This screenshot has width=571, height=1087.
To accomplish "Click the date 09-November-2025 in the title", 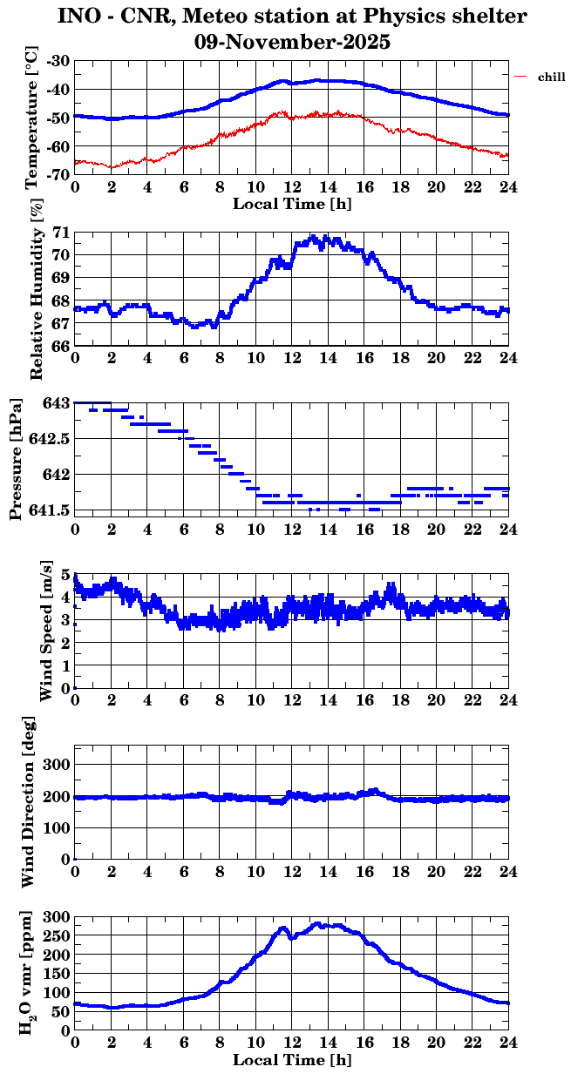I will pyautogui.click(x=293, y=42).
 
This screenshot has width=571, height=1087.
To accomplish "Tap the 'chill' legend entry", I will pyautogui.click(x=552, y=78).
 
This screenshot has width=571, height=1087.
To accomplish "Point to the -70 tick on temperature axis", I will pyautogui.click(x=59, y=175).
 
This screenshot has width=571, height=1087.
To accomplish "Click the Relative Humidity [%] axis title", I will pyautogui.click(x=36, y=288).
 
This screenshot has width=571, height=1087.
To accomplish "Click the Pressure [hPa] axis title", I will pyautogui.click(x=15, y=458).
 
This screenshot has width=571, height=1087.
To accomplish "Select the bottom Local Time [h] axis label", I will pyautogui.click(x=292, y=1060).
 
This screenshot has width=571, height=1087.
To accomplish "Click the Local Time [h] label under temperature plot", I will pyautogui.click(x=292, y=204).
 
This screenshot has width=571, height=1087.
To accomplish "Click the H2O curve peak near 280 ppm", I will pyautogui.click(x=317, y=923).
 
